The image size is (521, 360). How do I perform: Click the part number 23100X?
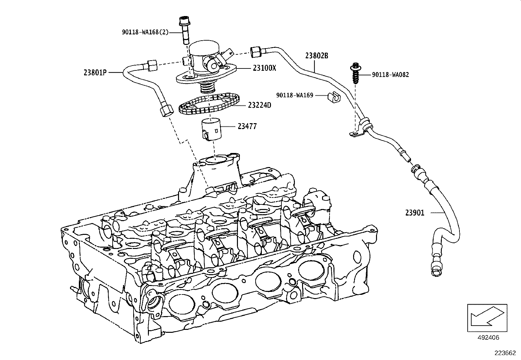(264, 68)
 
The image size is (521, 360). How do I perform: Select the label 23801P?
(95, 73)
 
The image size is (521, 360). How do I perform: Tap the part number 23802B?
(316, 56)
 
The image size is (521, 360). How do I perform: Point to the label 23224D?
(260, 105)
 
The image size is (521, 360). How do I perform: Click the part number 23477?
(247, 126)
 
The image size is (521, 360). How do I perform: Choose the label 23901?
(415, 213)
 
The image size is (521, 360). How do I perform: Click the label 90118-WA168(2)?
(145, 32)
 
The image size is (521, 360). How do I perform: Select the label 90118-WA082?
(390, 75)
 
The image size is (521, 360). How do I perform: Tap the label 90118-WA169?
(295, 95)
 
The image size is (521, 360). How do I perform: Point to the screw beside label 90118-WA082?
(355, 74)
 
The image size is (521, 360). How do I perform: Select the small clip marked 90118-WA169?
(334, 97)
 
